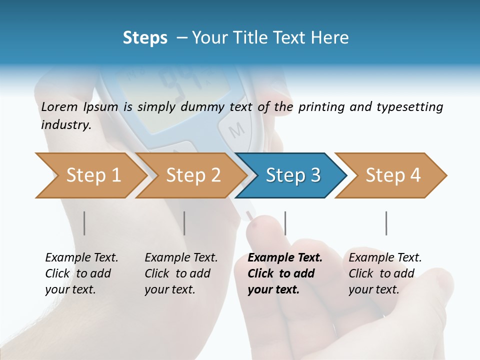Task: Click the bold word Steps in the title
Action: [x=145, y=38]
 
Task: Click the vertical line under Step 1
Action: [x=84, y=223]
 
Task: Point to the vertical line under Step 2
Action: [x=184, y=223]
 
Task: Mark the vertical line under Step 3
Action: [x=285, y=223]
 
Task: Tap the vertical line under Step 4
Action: [x=386, y=223]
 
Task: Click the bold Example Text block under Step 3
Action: [x=285, y=273]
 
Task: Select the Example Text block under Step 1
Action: [x=81, y=273]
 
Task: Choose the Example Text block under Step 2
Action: [x=181, y=273]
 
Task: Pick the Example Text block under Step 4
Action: [x=385, y=273]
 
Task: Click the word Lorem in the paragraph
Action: [x=59, y=107]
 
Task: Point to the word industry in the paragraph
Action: [x=66, y=125]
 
